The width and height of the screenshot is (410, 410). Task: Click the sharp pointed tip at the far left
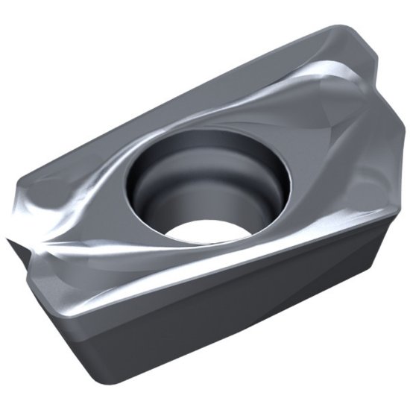pyautogui.click(x=7, y=240)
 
